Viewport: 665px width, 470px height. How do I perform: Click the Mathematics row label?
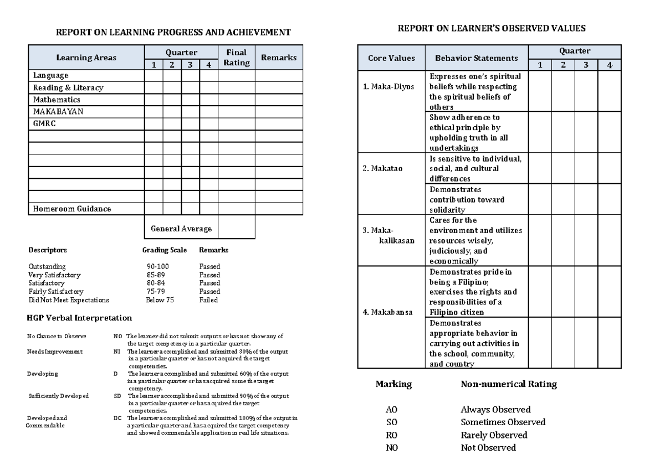[x=57, y=100]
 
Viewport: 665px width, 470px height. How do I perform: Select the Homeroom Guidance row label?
[x=72, y=209]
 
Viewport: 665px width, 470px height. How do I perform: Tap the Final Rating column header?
[x=236, y=58]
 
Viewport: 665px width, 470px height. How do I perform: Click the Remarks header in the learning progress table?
[x=279, y=58]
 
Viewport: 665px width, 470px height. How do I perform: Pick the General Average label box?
[x=181, y=228]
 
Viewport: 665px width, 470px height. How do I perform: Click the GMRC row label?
[x=45, y=124]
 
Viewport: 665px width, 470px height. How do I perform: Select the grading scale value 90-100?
[x=157, y=266]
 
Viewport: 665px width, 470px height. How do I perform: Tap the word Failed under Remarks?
[x=208, y=300]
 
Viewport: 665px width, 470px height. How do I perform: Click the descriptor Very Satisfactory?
[x=54, y=275]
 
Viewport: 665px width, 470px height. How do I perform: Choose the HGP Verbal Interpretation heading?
[x=79, y=318]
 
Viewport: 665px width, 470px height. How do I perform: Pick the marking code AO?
[x=392, y=410]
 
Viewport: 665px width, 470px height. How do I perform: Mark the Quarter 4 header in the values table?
[x=610, y=65]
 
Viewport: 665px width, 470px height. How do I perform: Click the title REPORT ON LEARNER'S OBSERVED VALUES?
[x=492, y=28]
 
